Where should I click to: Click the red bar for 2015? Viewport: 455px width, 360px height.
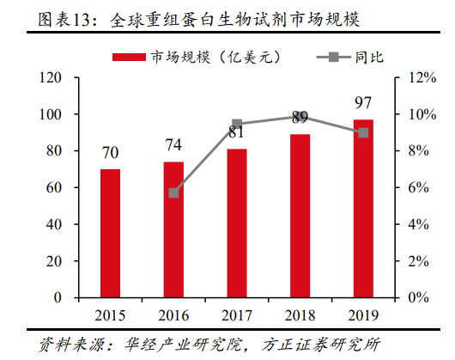[x=110, y=233]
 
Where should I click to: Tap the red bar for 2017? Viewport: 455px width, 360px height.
[x=237, y=223]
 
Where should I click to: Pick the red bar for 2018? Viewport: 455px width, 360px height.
[x=300, y=216]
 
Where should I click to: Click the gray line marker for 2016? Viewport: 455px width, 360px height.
[x=173, y=193]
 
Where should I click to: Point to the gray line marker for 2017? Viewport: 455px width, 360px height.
[x=237, y=124]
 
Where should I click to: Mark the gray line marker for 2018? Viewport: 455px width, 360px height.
[x=300, y=116]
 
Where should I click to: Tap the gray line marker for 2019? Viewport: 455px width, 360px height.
[x=363, y=132]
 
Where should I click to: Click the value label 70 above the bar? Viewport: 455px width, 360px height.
[x=110, y=154]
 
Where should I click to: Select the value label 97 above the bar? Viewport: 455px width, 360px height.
[x=363, y=104]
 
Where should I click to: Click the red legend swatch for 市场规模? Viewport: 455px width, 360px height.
[x=130, y=58]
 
